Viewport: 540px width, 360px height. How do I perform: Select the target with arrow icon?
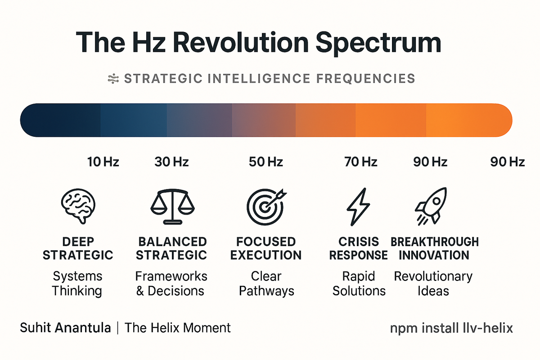(x=266, y=205)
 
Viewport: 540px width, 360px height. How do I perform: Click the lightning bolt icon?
(x=358, y=206)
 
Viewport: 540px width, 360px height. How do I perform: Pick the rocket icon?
(x=431, y=205)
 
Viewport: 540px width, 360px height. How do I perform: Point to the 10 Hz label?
(x=103, y=162)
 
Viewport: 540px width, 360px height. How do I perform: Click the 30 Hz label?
(x=171, y=162)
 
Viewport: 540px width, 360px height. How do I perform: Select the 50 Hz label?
(x=266, y=162)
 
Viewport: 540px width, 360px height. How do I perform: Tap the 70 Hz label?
(x=361, y=162)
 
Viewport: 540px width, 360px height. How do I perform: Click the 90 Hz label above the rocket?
(x=430, y=162)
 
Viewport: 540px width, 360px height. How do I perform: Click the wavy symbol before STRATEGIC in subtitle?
(x=112, y=79)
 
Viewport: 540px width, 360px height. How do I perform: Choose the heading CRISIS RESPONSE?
(x=358, y=248)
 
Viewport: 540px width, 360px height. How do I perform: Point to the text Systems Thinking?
(x=77, y=283)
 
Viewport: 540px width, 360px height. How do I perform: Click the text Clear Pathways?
(x=266, y=283)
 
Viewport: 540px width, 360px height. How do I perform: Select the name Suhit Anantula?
(x=65, y=328)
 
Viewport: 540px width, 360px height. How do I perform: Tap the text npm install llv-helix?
(x=451, y=328)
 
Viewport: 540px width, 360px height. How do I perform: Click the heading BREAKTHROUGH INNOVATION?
(x=434, y=248)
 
